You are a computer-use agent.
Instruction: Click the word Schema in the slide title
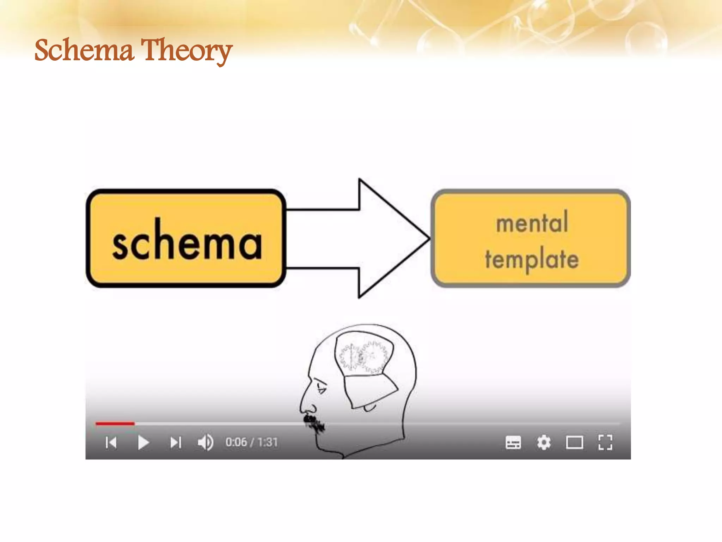pyautogui.click(x=84, y=50)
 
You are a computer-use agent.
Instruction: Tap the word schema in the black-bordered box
pyautogui.click(x=187, y=240)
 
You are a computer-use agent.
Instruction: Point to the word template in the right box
pyautogui.click(x=532, y=260)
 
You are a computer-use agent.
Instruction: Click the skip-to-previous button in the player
pyautogui.click(x=111, y=442)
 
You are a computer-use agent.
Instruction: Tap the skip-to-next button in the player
pyautogui.click(x=176, y=442)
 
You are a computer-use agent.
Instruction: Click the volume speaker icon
pyautogui.click(x=206, y=442)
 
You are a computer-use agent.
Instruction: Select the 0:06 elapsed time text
pyautogui.click(x=236, y=442)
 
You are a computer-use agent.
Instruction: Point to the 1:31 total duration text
pyautogui.click(x=268, y=442)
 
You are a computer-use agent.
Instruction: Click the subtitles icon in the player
pyautogui.click(x=513, y=442)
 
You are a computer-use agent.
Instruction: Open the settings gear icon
pyautogui.click(x=544, y=442)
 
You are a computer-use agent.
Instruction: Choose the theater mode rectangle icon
pyautogui.click(x=574, y=442)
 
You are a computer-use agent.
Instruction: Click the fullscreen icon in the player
pyautogui.click(x=605, y=442)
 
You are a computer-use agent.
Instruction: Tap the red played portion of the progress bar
pyautogui.click(x=115, y=423)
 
